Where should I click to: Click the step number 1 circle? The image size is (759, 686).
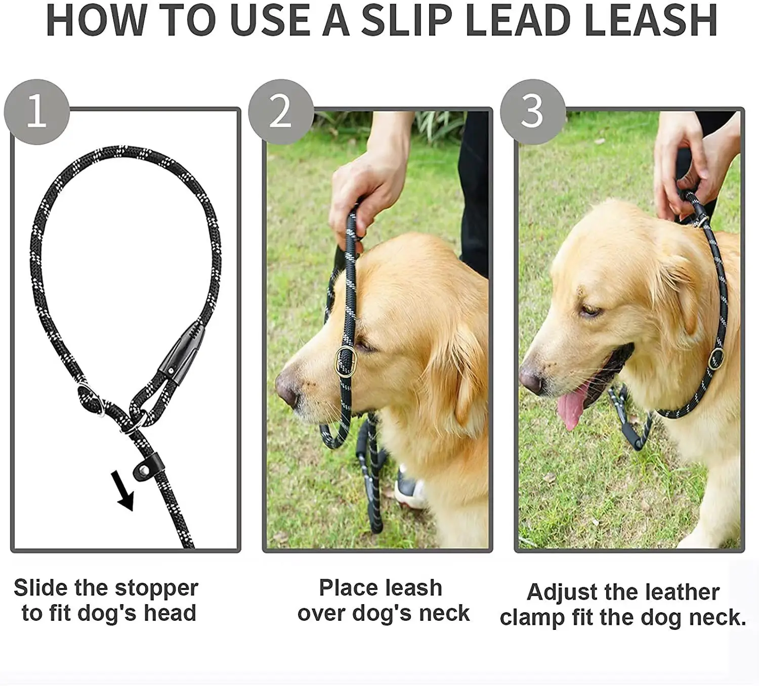click(37, 112)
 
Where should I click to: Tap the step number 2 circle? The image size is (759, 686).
click(281, 112)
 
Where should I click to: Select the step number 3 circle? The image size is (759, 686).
click(533, 112)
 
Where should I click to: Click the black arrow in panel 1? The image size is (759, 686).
click(123, 491)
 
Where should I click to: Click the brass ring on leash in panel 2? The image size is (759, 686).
click(346, 361)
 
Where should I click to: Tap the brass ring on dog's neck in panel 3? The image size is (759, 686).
click(716, 358)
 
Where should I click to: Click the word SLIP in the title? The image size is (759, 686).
click(406, 20)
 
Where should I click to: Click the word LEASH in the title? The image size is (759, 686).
click(651, 20)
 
